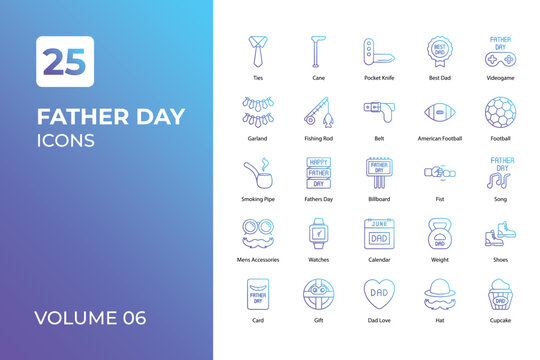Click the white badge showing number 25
(65, 61)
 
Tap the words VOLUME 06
(90, 319)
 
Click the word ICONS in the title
(65, 140)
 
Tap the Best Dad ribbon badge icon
(440, 50)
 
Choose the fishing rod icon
(319, 111)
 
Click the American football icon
(440, 111)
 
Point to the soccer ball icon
(500, 111)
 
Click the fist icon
(440, 173)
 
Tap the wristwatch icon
(319, 233)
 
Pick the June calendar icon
(379, 233)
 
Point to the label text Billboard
(379, 199)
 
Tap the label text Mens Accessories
(258, 260)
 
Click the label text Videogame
(500, 78)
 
